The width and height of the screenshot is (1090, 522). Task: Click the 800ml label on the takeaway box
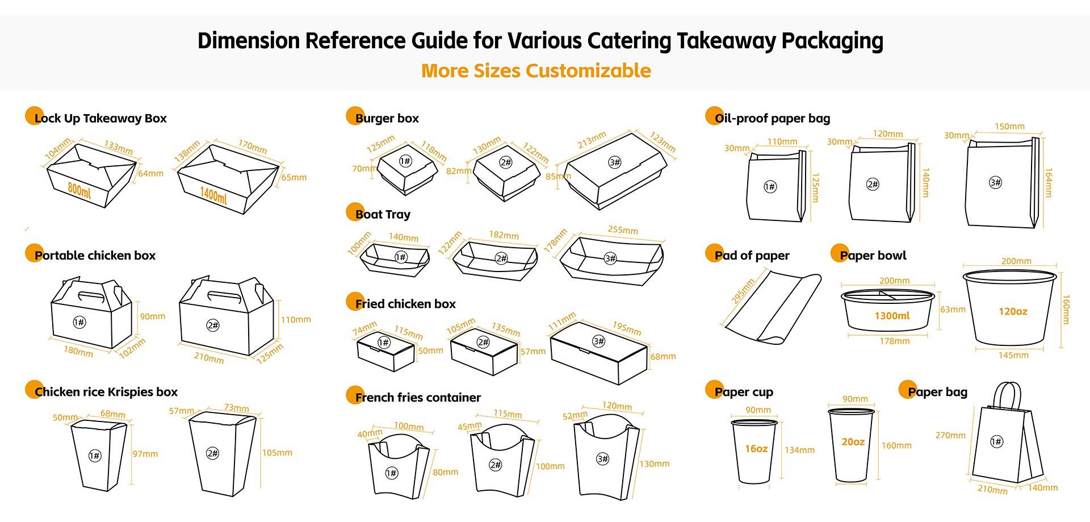click(79, 189)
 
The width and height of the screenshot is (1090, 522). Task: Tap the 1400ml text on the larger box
click(213, 195)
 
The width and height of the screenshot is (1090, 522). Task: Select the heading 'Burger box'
click(387, 119)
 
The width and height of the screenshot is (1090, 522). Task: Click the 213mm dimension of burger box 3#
click(592, 140)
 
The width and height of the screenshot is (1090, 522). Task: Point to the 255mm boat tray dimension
click(623, 230)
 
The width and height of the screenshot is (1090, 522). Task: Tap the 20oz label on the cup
click(853, 442)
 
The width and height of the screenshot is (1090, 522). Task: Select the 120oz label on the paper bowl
click(1013, 311)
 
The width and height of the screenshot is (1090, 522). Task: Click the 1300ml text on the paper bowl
click(892, 316)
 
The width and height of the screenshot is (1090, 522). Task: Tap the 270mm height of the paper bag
click(950, 436)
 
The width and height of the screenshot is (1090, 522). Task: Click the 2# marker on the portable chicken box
click(213, 325)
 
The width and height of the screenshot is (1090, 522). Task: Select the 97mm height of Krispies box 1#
click(145, 454)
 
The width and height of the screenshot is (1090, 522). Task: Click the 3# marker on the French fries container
click(602, 459)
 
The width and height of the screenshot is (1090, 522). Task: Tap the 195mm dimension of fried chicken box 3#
click(627, 328)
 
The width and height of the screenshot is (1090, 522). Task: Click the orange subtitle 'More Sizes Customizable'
click(536, 71)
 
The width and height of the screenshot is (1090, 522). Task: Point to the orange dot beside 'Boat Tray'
click(355, 212)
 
